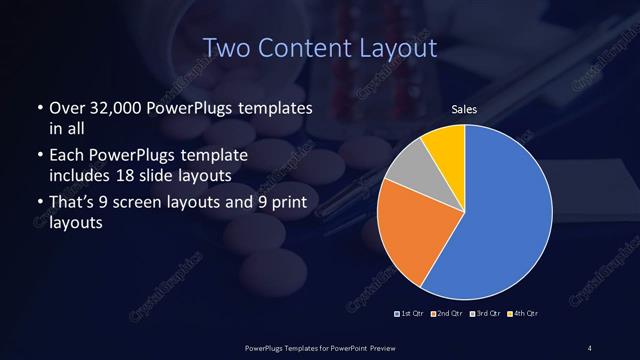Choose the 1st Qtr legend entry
tap(409, 314)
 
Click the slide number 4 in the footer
tap(590, 347)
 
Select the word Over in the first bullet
tap(66, 107)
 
